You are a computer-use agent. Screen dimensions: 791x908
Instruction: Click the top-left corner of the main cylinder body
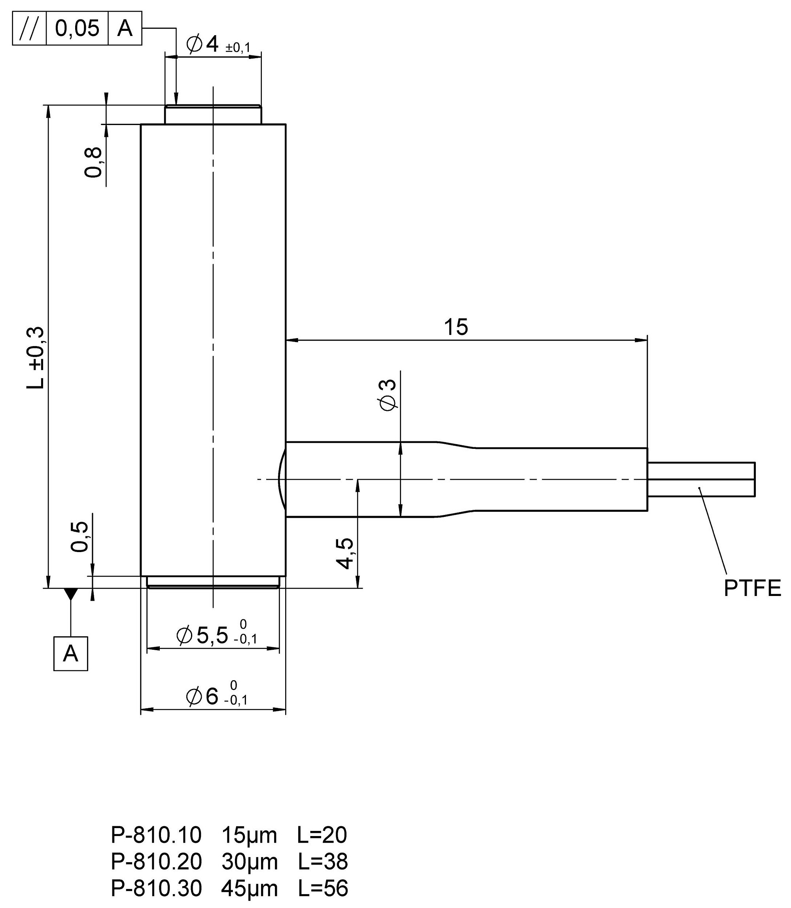pyautogui.click(x=141, y=125)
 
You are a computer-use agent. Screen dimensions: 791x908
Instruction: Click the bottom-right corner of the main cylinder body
pyautogui.click(x=286, y=576)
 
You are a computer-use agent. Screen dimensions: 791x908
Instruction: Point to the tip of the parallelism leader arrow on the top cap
pyautogui.click(x=176, y=105)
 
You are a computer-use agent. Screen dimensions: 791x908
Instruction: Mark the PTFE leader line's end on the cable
pyautogui.click(x=698, y=487)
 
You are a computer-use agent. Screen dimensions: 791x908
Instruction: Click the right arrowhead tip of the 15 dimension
pyautogui.click(x=647, y=340)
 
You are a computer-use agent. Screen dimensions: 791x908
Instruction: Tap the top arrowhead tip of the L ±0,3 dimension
pyautogui.click(x=48, y=106)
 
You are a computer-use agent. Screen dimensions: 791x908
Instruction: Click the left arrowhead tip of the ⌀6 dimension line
pyautogui.click(x=141, y=710)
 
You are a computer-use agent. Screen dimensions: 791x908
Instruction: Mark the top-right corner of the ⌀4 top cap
pyautogui.click(x=261, y=106)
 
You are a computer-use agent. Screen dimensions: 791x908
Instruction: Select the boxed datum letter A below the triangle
pyautogui.click(x=71, y=654)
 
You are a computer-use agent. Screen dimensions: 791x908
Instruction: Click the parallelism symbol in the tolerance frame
pyautogui.click(x=29, y=28)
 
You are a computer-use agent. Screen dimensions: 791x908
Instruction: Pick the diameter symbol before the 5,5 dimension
pyautogui.click(x=184, y=636)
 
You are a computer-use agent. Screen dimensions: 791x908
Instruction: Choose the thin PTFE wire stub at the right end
pyautogui.click(x=701, y=479)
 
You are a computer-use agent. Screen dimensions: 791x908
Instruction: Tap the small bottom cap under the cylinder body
pyautogui.click(x=213, y=582)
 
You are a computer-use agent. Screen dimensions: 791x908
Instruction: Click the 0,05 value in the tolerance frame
pyautogui.click(x=77, y=28)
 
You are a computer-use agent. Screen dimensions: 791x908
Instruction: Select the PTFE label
pyautogui.click(x=752, y=588)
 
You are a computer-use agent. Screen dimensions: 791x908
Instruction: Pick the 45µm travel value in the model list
pyautogui.click(x=250, y=888)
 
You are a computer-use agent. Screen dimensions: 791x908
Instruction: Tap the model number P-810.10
pyautogui.click(x=156, y=835)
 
